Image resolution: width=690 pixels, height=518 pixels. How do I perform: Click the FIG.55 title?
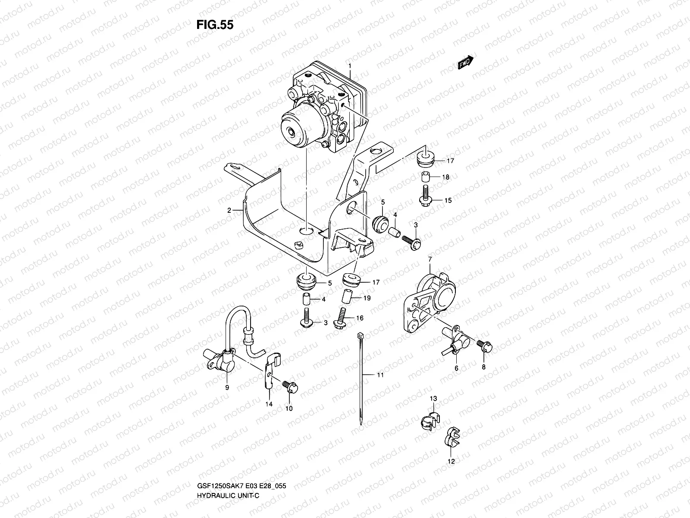tap(215, 25)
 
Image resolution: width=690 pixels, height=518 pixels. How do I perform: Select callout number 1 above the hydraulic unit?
tap(350, 66)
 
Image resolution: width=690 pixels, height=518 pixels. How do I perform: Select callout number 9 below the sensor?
tap(227, 387)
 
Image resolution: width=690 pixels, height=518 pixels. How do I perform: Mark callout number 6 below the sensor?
tap(456, 368)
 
